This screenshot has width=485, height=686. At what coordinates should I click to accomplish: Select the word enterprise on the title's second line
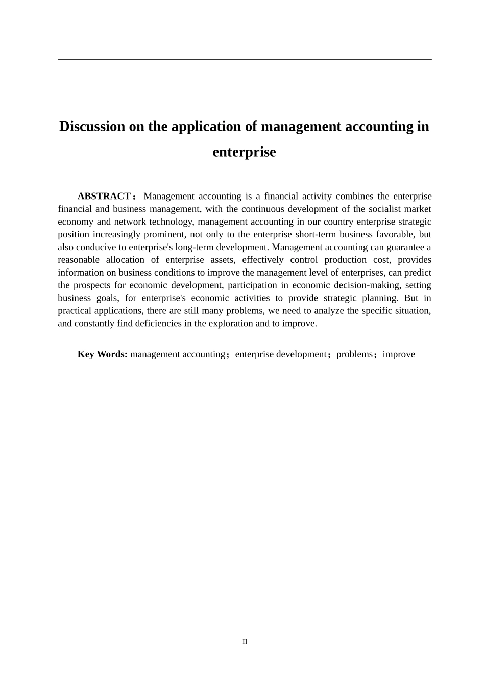[x=244, y=152]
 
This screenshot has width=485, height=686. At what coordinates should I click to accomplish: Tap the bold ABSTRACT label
[x=104, y=197]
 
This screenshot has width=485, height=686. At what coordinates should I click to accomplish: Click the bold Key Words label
[x=102, y=354]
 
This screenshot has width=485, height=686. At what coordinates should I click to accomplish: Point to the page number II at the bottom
[x=245, y=642]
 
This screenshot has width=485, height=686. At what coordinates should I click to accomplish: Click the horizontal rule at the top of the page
[x=245, y=59]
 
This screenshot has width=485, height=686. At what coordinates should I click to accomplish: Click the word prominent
[x=164, y=235]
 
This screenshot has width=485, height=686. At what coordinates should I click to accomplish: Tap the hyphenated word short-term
[x=315, y=235]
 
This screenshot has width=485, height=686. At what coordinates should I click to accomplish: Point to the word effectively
[x=262, y=260]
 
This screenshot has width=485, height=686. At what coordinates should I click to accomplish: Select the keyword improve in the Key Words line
[x=399, y=354]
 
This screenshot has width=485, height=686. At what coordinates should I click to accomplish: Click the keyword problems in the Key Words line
[x=354, y=354]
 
